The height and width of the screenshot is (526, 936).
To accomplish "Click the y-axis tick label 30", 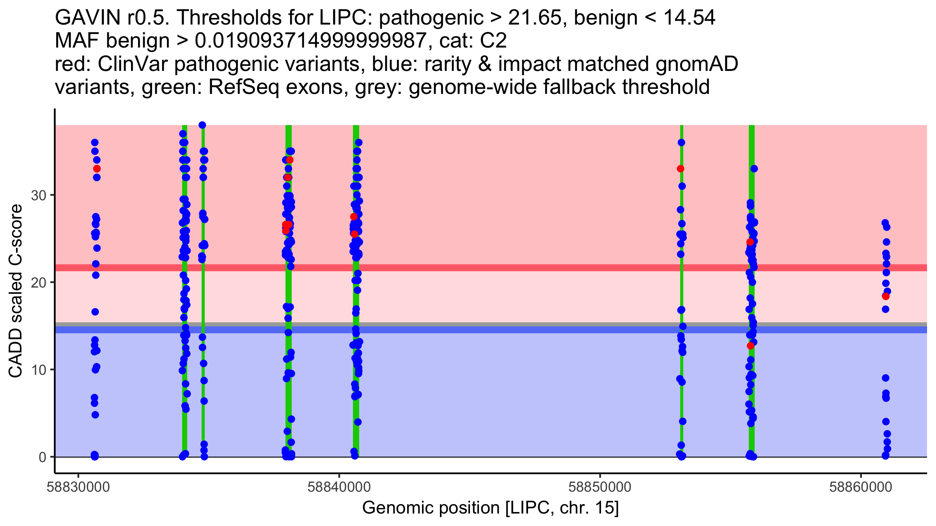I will pos(38,195).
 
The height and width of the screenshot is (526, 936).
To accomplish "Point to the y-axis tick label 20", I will pos(38,282).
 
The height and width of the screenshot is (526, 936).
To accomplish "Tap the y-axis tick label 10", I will pos(38,370).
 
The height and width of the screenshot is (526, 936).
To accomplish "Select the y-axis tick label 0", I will pos(43,457).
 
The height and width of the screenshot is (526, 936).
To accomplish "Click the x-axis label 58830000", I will pos(78,487).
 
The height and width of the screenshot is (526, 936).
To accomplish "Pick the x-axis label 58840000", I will pos(339,487).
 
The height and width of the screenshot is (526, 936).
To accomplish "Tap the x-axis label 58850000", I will pos(600,487).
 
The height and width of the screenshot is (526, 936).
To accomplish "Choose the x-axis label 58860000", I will pos(860,487).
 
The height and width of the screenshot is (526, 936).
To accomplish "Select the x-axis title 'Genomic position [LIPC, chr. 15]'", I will pos(491,508).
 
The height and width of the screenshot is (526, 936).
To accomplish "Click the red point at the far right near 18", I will pos(886,297).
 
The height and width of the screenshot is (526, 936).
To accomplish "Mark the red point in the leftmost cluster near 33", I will pos(97,169).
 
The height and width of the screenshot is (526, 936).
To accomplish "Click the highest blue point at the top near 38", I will pos(202,125).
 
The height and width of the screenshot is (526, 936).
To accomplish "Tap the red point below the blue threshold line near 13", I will pos(750,346).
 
